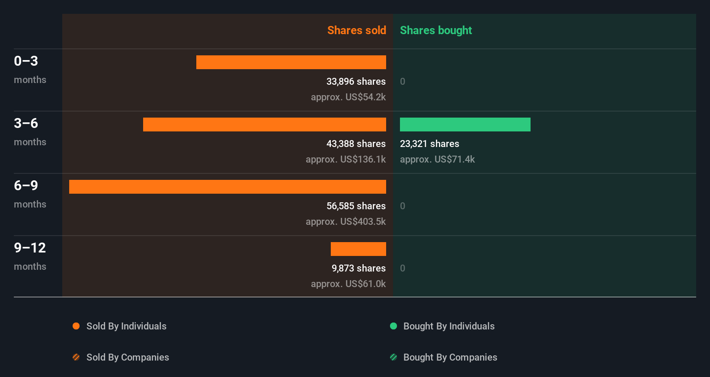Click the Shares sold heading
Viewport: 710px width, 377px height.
pos(356,30)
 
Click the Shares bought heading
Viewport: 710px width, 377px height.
pos(435,30)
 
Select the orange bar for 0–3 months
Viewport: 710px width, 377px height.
pos(291,62)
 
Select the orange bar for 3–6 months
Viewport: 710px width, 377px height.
pos(264,125)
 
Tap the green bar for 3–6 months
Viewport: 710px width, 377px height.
pos(465,125)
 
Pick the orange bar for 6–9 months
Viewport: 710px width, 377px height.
pos(227,187)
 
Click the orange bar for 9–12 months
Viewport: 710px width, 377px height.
pos(358,249)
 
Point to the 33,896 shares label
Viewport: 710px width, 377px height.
pos(356,81)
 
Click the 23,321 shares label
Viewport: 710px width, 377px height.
pos(429,144)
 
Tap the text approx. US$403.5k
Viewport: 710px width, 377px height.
pos(345,221)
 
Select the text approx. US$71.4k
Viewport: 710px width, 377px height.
pos(437,159)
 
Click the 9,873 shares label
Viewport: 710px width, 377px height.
pos(358,268)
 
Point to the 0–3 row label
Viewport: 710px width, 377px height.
pos(26,61)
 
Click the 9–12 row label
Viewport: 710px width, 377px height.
pos(30,248)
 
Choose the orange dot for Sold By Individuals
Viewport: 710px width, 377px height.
pos(76,326)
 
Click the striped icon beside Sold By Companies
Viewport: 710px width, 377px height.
pos(76,357)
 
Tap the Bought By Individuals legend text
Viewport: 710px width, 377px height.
pos(449,326)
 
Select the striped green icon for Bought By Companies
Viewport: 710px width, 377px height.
pos(393,357)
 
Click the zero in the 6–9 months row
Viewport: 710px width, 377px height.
pos(403,206)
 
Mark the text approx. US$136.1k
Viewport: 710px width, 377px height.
pos(345,159)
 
